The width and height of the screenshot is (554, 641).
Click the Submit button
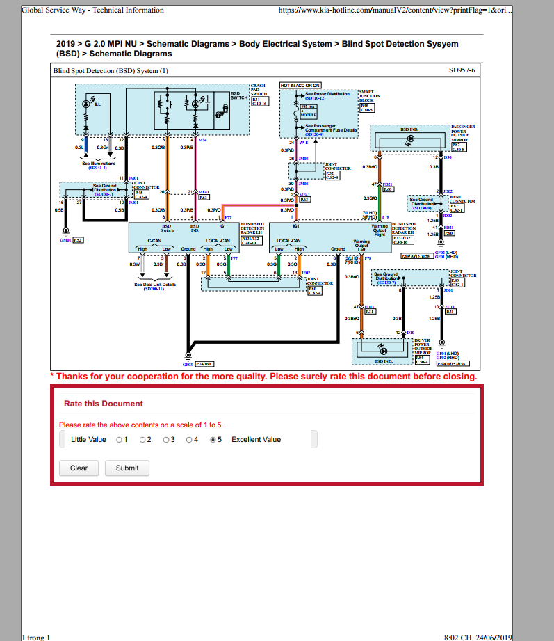127,468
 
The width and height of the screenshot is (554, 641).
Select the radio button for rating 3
166,440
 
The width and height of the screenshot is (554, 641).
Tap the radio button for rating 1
119,440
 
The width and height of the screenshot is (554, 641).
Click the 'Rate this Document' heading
103,404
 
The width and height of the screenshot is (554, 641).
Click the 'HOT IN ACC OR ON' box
300,85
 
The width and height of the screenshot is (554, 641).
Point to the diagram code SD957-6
462,71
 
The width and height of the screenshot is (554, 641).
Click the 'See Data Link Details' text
155,284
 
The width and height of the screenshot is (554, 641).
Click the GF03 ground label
188,364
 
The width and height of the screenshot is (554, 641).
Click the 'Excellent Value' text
256,440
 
